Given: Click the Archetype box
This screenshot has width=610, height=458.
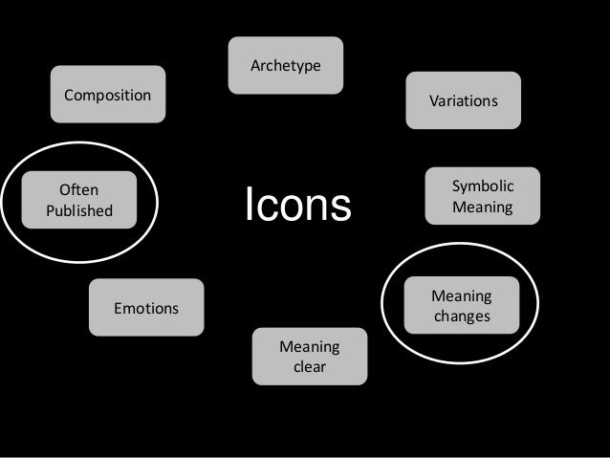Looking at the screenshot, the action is [x=285, y=65].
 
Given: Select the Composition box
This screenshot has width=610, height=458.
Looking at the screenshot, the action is [x=107, y=95].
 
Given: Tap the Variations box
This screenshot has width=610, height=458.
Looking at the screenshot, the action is [x=463, y=99].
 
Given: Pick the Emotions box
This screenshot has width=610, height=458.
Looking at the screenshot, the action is [x=146, y=308].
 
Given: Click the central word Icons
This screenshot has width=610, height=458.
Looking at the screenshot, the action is [x=298, y=205].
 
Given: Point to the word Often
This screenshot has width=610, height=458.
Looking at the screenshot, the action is [x=78, y=190].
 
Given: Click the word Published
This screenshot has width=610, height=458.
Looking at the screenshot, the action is [x=78, y=210].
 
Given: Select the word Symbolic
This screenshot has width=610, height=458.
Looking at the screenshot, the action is [x=483, y=186].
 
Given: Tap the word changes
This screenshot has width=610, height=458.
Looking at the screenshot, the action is [x=462, y=316].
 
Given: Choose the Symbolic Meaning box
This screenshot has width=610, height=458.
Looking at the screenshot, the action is [x=483, y=196].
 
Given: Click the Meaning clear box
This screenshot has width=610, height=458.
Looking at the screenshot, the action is [x=309, y=357].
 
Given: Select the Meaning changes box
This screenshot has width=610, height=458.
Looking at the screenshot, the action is [x=462, y=306].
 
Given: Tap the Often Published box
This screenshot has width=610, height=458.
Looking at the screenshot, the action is [x=78, y=200].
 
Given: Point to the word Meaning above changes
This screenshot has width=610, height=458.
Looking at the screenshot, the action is [x=462, y=296].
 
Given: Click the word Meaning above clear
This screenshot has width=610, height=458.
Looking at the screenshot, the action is [x=309, y=346].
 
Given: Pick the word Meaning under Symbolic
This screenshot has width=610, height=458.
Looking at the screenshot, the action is [x=483, y=207].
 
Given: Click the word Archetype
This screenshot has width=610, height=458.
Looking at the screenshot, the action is [x=285, y=66].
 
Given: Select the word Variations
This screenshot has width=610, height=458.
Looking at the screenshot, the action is [x=463, y=100].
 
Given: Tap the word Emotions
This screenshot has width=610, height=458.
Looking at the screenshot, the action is [x=146, y=309].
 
